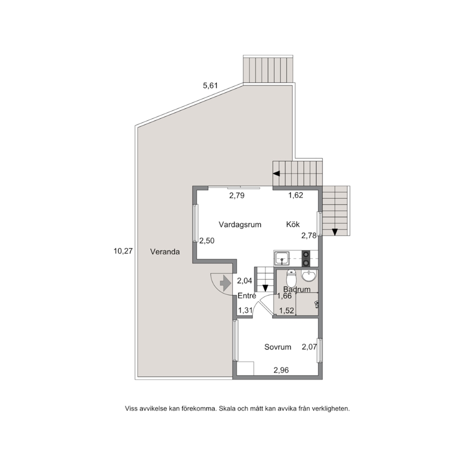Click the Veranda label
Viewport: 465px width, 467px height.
165,252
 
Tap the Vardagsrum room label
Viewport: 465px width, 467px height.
240,224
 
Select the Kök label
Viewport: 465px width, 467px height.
293,224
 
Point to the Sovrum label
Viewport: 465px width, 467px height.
278,347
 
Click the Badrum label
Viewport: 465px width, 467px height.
297,289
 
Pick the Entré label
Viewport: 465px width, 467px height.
247,296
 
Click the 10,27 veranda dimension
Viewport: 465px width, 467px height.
123,251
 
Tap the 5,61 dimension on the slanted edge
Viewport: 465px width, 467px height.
210,86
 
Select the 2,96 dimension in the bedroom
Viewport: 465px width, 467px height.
281,370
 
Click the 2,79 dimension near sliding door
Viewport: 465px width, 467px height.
237,196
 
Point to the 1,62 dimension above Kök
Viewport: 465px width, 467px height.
296,195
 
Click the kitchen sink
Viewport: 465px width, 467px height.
281,258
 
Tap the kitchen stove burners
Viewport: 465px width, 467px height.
306,259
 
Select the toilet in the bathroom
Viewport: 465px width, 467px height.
291,277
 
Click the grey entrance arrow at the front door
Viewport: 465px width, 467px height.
225,283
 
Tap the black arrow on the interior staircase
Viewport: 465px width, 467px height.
265,288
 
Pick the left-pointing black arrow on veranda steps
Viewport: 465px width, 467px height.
277,174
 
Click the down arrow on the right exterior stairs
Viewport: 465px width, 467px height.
335,232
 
